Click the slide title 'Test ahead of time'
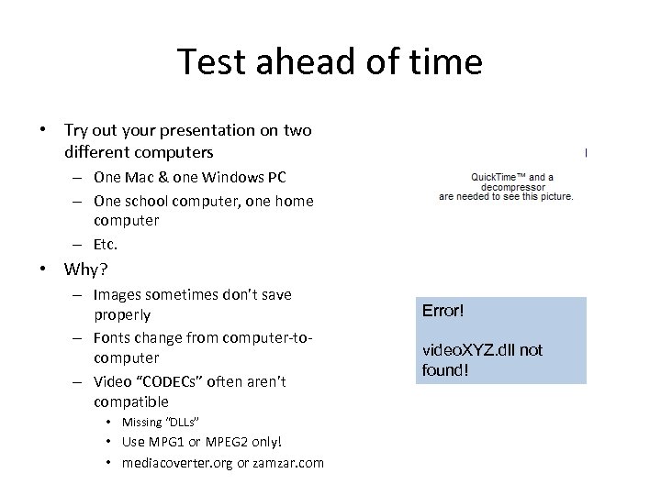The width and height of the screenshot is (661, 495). coord(330,62)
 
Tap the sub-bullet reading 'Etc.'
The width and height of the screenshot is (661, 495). coord(106,244)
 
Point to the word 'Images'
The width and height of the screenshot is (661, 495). coord(119,294)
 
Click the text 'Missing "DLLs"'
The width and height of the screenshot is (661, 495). coord(161,422)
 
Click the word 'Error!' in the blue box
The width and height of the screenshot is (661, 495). coord(443,312)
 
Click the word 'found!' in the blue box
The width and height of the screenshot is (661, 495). coord(445,369)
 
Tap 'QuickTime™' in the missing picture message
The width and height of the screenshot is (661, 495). coord(502,177)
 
